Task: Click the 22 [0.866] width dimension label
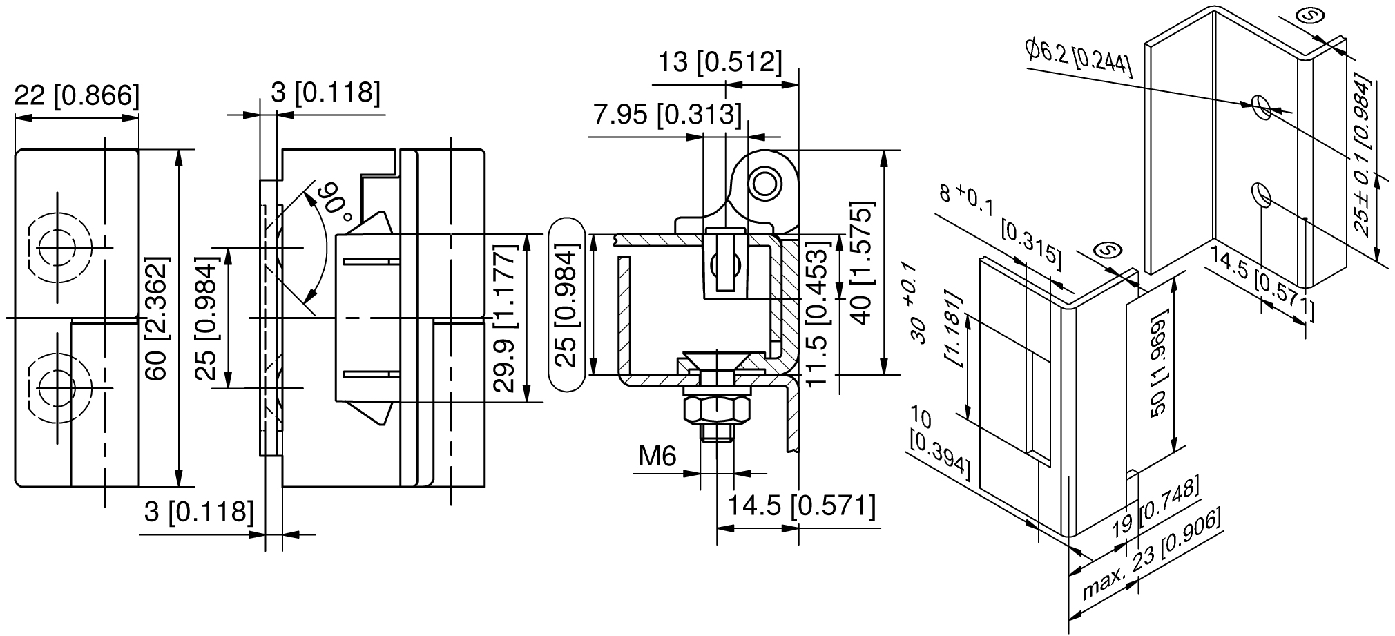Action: (77, 95)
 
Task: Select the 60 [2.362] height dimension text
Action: (157, 319)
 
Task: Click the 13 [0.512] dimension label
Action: (719, 63)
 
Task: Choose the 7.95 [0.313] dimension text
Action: (668, 115)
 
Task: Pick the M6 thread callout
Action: (657, 456)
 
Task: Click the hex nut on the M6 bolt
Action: (716, 409)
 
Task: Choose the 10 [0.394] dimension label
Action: (940, 445)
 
